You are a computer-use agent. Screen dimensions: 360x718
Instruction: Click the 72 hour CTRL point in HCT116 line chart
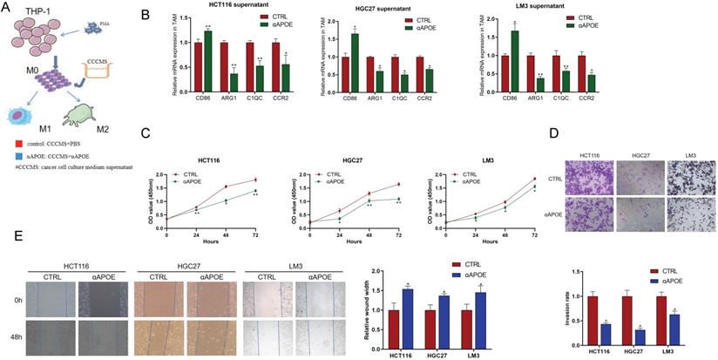tap(254, 180)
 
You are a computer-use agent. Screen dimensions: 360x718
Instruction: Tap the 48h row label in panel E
tap(12, 333)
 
